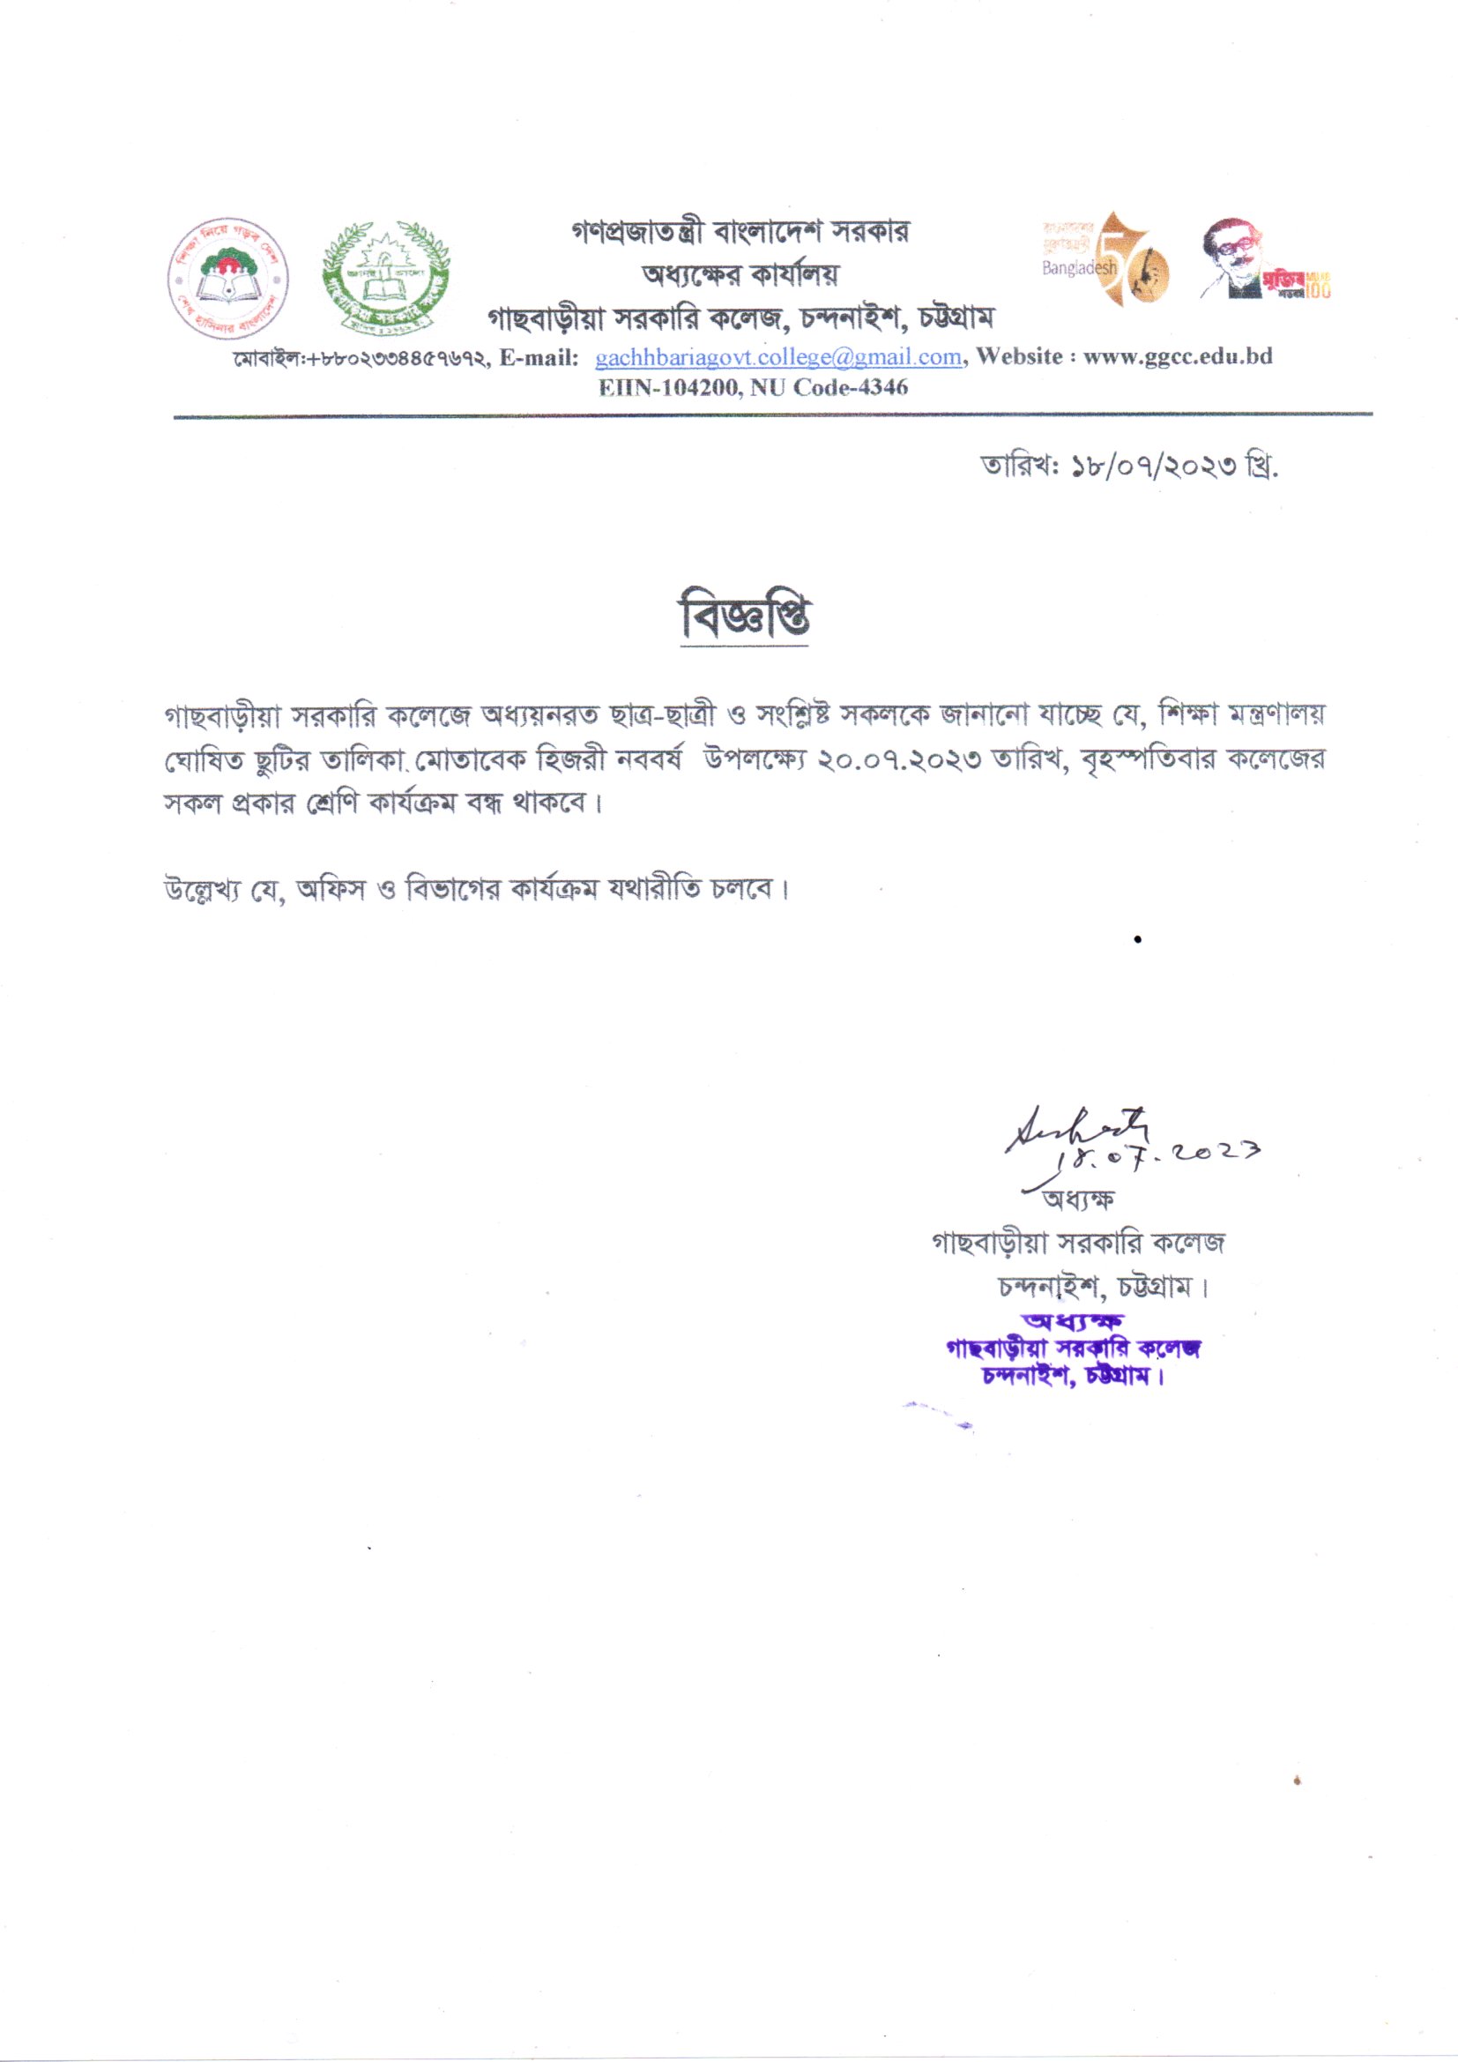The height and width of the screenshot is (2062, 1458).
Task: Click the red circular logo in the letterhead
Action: pyautogui.click(x=228, y=279)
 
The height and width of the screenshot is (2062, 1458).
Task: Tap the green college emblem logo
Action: pyautogui.click(x=386, y=279)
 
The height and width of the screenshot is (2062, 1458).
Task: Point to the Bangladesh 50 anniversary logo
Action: pyautogui.click(x=1106, y=260)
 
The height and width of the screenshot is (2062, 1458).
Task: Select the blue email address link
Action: pyautogui.click(x=778, y=356)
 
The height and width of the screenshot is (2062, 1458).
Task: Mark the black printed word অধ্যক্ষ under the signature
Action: pyautogui.click(x=1077, y=1199)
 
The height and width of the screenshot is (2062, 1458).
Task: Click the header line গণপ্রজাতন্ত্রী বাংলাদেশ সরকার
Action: pyautogui.click(x=740, y=232)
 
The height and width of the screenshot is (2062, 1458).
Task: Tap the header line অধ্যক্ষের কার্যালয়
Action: pyautogui.click(x=740, y=274)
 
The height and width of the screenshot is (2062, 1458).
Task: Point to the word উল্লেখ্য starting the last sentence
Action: pyautogui.click(x=200, y=891)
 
